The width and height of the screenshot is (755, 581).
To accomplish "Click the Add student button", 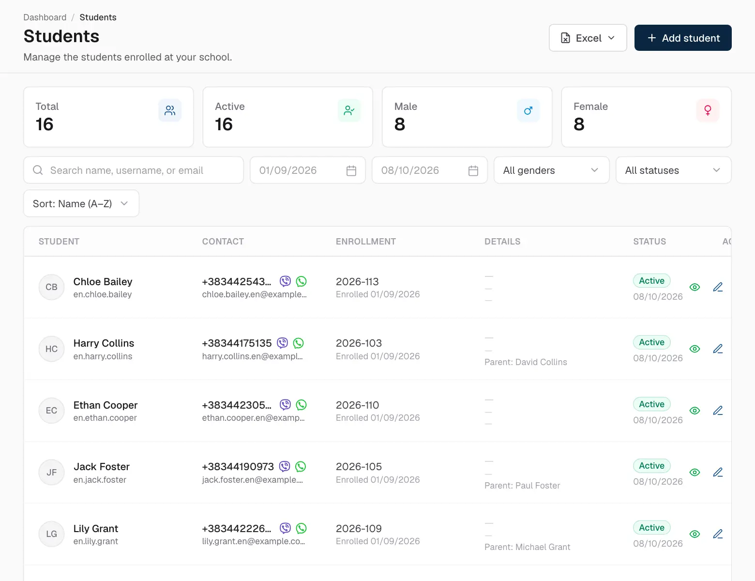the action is coord(683,38).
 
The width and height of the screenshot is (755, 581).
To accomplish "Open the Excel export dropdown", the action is coord(588,38).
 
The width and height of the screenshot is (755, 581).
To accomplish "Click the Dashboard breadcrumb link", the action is coord(45,17).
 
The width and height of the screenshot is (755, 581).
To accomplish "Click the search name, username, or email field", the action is coord(134,170).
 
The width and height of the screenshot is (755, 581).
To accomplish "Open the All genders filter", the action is coord(551,170).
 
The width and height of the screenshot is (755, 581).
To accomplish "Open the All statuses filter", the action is coord(673,170).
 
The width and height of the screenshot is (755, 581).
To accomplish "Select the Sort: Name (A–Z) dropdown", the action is coord(81,204).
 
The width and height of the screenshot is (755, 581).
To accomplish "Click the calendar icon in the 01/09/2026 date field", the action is coord(351,170).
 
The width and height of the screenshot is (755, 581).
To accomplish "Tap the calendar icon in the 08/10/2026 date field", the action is coord(473,170).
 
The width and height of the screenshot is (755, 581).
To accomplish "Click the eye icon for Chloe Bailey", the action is coord(695,287).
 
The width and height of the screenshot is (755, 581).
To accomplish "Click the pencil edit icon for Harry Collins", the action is coord(718,349).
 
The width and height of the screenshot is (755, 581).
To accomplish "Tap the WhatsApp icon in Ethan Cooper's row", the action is coord(301,405).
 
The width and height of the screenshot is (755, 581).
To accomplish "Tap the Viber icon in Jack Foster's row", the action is coord(285,466).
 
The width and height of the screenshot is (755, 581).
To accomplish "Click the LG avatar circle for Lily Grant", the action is coord(51,534).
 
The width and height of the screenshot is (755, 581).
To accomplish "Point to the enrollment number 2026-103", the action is coord(359,343).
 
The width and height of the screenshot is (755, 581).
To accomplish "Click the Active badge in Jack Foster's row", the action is coord(651,466).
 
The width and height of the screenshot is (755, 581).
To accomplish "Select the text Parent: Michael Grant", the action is coord(527,547).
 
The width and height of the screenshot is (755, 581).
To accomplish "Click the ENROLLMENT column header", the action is coord(365,242).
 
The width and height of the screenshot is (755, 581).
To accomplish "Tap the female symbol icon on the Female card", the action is coord(708,110).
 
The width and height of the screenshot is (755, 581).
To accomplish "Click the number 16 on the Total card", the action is coord(45,124).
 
